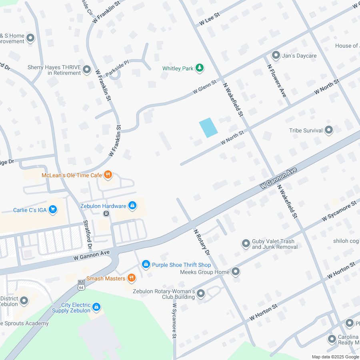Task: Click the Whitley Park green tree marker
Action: pyautogui.click(x=200, y=68)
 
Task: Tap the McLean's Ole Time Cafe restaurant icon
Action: pyautogui.click(x=108, y=175)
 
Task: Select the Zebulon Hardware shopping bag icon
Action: pyautogui.click(x=132, y=206)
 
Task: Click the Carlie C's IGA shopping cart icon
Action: pyautogui.click(x=52, y=210)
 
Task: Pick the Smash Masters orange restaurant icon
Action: pyautogui.click(x=131, y=278)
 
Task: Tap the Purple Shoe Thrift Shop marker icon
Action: pyautogui.click(x=146, y=264)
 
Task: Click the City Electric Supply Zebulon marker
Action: pyautogui.click(x=96, y=307)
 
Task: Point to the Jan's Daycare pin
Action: pyautogui.click(x=276, y=55)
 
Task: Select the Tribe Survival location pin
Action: pyautogui.click(x=329, y=130)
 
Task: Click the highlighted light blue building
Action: pyautogui.click(x=208, y=128)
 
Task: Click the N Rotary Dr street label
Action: pyautogui.click(x=202, y=242)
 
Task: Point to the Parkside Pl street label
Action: pyautogui.click(x=117, y=68)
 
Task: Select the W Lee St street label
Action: pyautogui.click(x=210, y=19)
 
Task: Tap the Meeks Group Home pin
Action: pyautogui.click(x=236, y=272)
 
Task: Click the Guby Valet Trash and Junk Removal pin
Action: pyautogui.click(x=246, y=243)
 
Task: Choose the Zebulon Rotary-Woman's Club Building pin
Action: pyautogui.click(x=201, y=294)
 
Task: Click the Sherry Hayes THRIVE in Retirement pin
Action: pyautogui.click(x=87, y=70)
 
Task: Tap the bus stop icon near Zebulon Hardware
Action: pyautogui.click(x=106, y=213)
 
